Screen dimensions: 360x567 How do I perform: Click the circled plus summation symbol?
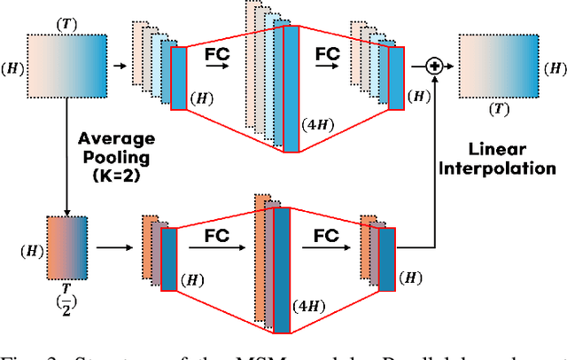(x=434, y=66)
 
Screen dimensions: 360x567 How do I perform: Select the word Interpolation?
(x=513, y=168)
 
